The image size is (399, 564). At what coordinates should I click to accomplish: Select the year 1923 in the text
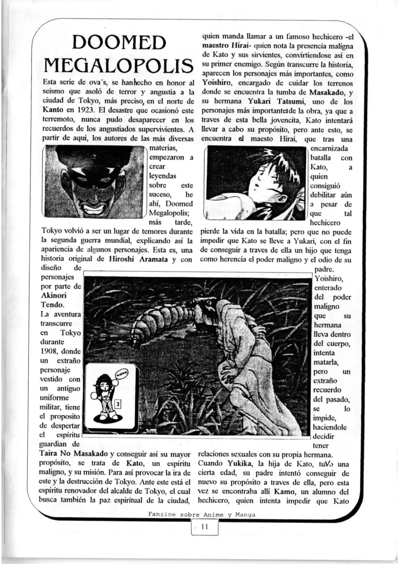point(75,111)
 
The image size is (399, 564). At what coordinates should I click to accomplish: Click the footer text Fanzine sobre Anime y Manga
point(202,514)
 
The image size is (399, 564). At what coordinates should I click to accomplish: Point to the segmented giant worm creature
point(162,318)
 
